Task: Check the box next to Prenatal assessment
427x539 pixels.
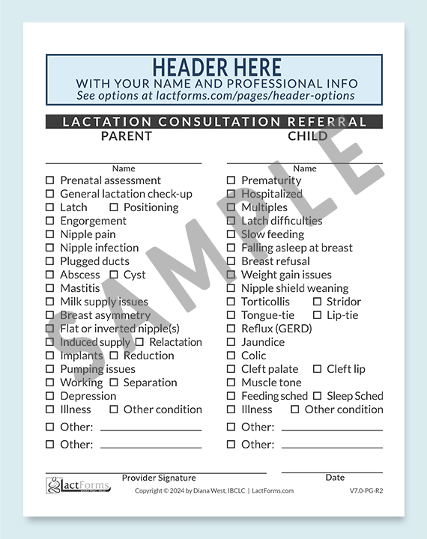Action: click(x=50, y=180)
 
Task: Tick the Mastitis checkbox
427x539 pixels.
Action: click(x=50, y=288)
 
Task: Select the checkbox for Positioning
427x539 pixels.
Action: click(x=114, y=207)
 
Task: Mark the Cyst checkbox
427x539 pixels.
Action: click(x=114, y=275)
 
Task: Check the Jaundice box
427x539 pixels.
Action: click(x=231, y=342)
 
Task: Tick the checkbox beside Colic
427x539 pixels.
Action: click(x=231, y=356)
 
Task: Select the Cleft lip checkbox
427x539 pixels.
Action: click(x=317, y=369)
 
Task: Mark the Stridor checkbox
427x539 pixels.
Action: click(x=317, y=302)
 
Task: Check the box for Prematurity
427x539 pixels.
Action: click(x=231, y=180)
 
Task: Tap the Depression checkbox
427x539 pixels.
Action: click(x=50, y=396)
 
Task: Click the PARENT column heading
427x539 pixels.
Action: click(x=126, y=136)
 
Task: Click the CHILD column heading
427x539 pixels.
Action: click(x=307, y=136)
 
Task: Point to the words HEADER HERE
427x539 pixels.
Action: click(x=216, y=67)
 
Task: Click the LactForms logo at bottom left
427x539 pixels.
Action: click(x=78, y=487)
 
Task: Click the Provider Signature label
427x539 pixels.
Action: click(x=159, y=478)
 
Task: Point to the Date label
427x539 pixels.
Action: click(x=335, y=478)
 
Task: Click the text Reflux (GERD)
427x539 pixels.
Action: click(x=276, y=329)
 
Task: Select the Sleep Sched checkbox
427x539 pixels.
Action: click(x=317, y=396)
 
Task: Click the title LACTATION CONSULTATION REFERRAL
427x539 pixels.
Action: click(x=214, y=121)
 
